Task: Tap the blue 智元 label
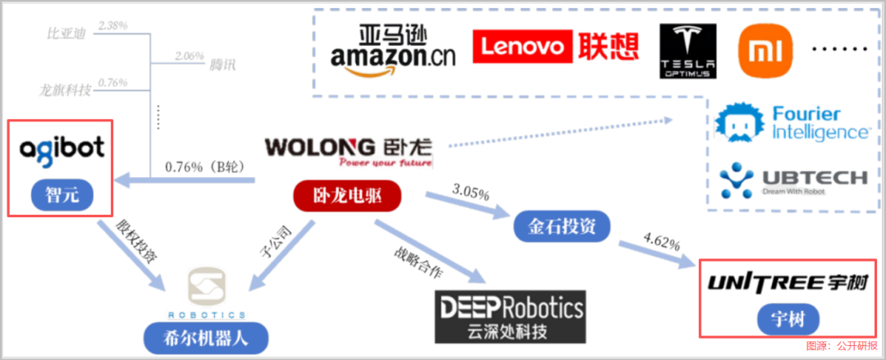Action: [x=61, y=194]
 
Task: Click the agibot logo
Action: [x=62, y=148]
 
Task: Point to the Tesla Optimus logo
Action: [x=687, y=51]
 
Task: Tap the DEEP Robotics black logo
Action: [x=510, y=308]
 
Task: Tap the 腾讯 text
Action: [x=221, y=64]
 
